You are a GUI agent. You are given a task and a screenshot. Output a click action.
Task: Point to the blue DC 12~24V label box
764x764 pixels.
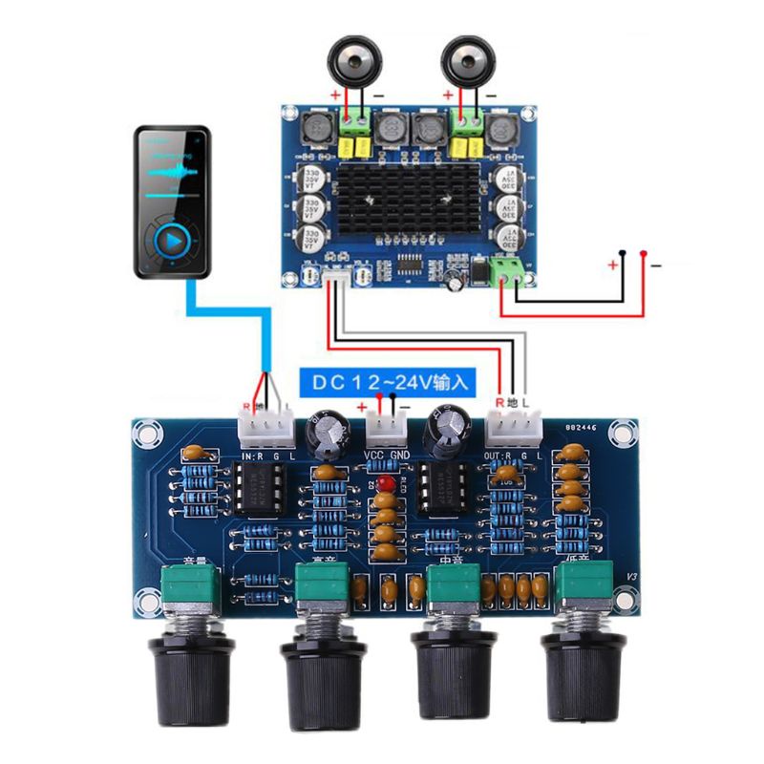point(388,383)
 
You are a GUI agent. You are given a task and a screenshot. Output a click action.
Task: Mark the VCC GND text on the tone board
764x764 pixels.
point(386,456)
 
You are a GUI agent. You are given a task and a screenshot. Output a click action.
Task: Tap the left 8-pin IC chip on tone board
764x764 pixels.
point(259,490)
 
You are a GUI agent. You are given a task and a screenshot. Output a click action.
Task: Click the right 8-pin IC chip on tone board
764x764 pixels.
point(442,490)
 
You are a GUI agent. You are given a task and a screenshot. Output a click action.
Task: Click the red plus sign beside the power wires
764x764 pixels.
point(612,265)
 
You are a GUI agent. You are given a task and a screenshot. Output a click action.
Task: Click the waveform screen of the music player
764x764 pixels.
point(172,172)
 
